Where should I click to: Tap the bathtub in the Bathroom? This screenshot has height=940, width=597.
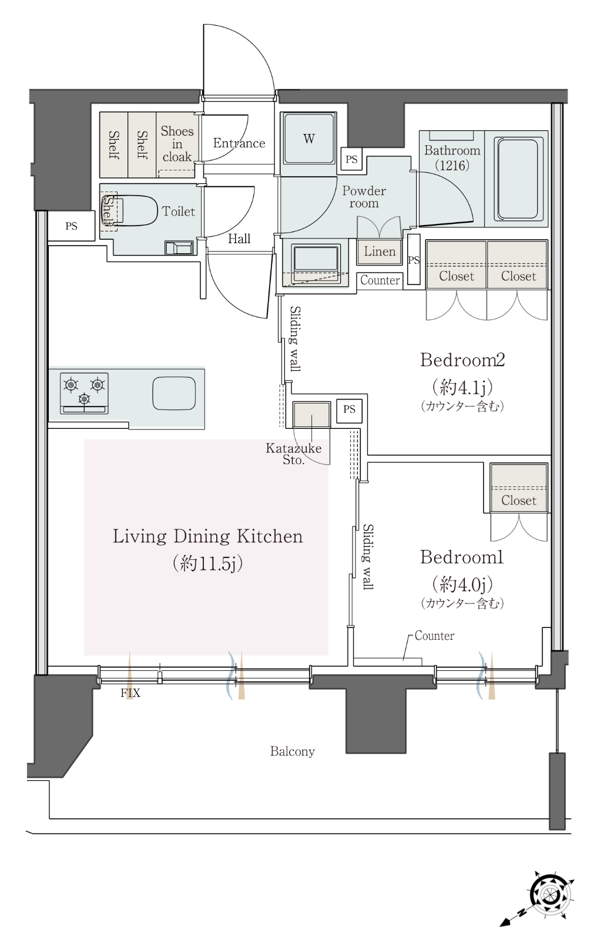point(517,179)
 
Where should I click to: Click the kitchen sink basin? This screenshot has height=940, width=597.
point(174,394)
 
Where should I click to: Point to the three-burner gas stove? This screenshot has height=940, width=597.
point(84,393)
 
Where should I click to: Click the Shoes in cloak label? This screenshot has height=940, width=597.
point(177,144)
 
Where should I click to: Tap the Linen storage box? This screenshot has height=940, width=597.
point(379,252)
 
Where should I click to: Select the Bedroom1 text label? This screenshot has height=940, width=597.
point(461,558)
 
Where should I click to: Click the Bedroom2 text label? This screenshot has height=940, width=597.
point(462,360)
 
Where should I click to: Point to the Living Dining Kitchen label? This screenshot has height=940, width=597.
point(207,536)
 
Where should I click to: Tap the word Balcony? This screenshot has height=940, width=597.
point(292,751)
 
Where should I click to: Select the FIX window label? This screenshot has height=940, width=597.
point(130,693)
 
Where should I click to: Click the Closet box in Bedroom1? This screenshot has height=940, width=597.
point(519,488)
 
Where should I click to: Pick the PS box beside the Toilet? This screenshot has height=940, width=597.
point(71,226)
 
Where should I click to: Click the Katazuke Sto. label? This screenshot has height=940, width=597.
point(293,454)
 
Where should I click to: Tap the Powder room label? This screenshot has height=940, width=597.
point(364,197)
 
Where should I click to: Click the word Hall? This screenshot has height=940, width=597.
point(239,239)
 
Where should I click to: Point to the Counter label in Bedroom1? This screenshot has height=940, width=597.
point(434,636)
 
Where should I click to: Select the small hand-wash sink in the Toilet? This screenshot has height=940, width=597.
point(179,247)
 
